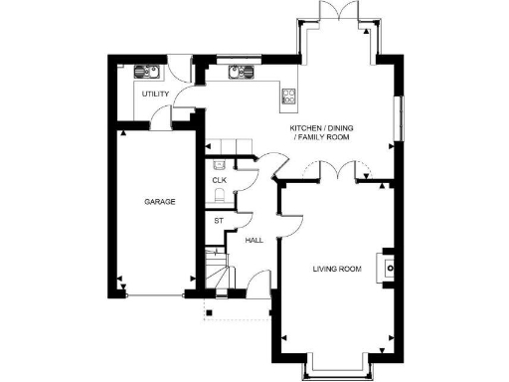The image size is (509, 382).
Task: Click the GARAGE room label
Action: tap(160, 202)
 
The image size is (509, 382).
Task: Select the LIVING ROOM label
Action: tap(336, 270)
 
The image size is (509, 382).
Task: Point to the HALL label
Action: tap(254, 240)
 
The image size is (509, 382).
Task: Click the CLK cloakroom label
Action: tap(219, 180)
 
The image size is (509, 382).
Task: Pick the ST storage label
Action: tap(218, 220)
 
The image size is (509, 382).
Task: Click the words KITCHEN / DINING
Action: tap(321, 129)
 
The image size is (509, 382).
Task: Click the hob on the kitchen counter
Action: tap(289, 95)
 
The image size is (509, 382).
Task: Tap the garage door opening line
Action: tap(154, 295)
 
